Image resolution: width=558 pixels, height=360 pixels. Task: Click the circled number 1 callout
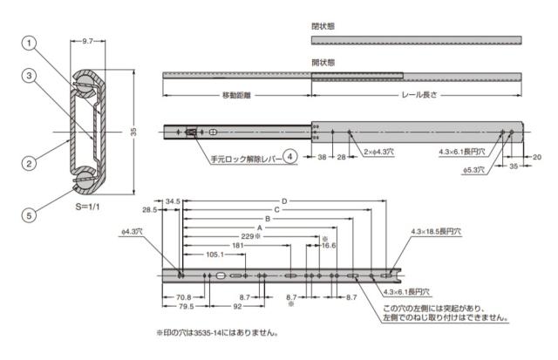[x=29, y=44]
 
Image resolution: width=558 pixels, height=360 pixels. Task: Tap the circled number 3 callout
[x=29, y=76]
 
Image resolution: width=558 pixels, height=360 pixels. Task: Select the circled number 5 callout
[x=29, y=215]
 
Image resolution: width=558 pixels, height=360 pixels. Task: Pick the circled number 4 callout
[x=290, y=156]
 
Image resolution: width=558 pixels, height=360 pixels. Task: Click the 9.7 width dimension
[x=87, y=41]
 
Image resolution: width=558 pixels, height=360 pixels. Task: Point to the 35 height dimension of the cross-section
[x=133, y=132]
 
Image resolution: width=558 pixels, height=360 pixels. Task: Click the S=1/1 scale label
[x=87, y=207]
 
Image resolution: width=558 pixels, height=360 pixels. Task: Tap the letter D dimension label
[x=284, y=201]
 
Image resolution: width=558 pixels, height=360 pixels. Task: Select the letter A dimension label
[x=260, y=228]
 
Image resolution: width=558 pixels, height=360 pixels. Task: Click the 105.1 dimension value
[x=215, y=255]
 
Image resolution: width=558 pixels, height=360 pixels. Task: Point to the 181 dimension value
[x=238, y=246]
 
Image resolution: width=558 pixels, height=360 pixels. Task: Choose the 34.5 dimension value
[x=173, y=201]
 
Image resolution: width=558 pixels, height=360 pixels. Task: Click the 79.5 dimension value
[x=186, y=307]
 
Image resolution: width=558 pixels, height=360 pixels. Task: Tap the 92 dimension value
[x=237, y=307]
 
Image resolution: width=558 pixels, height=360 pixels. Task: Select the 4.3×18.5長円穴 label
[x=436, y=232]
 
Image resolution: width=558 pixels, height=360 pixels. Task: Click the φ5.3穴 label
[x=473, y=170]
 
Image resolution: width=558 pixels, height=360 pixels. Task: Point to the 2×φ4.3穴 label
[x=378, y=152]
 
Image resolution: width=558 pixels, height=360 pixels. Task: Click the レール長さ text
[x=419, y=95]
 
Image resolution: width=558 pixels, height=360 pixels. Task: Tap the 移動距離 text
[x=236, y=95]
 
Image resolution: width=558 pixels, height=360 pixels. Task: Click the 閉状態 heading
[x=323, y=26]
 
